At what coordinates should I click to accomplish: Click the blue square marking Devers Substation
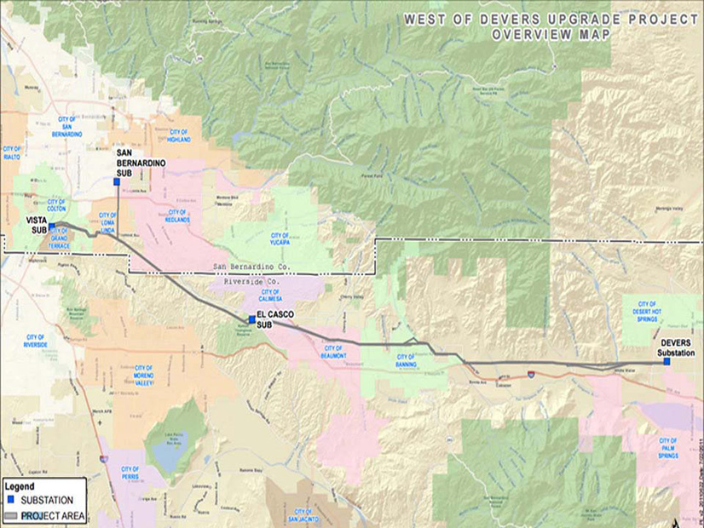[666, 362]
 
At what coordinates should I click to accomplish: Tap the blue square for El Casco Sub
[251, 319]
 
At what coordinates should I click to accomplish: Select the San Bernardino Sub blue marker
[117, 181]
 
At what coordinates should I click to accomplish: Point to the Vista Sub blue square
[51, 226]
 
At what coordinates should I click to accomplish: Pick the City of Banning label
[406, 360]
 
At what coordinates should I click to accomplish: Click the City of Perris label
[130, 473]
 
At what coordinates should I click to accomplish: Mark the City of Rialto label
[12, 152]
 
